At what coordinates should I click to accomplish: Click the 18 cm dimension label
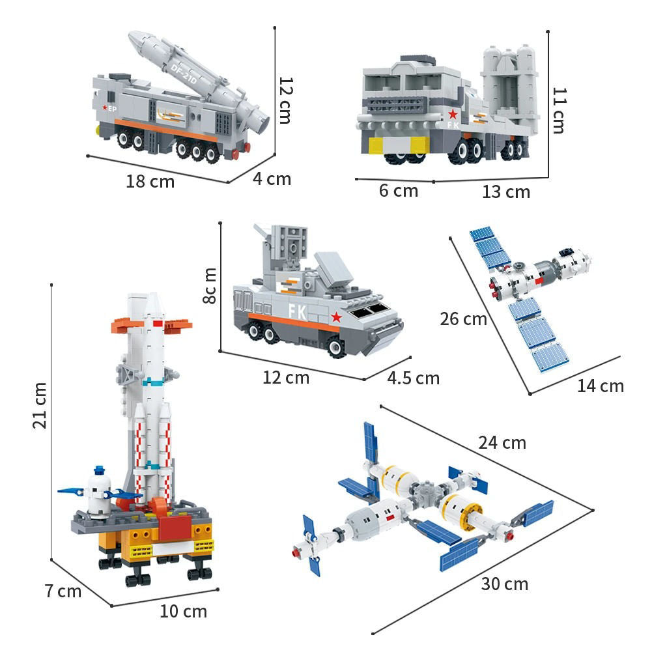(150, 181)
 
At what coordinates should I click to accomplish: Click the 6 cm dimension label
(398, 191)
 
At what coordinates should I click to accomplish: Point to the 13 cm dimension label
(506, 191)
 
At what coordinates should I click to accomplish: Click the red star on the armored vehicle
(336, 317)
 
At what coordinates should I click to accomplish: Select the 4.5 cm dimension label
(413, 378)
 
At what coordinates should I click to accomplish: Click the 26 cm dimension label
(463, 319)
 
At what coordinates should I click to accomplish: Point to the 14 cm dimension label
(600, 386)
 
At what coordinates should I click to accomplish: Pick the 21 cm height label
(39, 405)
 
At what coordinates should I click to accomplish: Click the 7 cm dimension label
(63, 591)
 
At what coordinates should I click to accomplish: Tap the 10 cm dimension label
(183, 612)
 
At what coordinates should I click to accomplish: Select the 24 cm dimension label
(502, 443)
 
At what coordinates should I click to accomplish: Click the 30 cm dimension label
(505, 584)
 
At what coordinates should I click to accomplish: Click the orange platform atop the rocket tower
(151, 324)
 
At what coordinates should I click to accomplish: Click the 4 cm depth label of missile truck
(272, 178)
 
